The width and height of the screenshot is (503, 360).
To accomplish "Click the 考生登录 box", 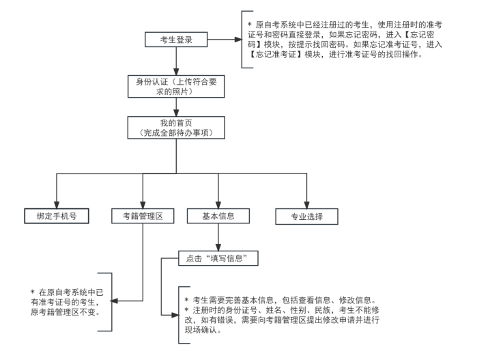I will pos(175,40).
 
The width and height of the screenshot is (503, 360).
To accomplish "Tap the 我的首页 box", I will pos(176,127).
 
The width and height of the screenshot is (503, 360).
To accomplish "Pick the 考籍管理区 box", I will pos(142,216).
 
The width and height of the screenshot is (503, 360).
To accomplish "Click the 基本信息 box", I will pos(218,216).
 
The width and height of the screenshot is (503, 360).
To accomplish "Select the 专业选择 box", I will pos(307,217).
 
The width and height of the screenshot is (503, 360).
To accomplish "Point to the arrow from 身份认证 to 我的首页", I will pos(176,106).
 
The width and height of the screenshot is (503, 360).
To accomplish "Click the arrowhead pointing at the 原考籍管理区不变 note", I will pos(115,301).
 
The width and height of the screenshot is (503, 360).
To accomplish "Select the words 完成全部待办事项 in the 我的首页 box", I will pos(176,132).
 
